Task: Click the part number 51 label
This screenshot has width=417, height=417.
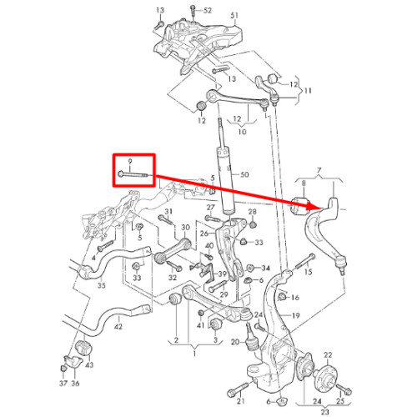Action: [x=234, y=15]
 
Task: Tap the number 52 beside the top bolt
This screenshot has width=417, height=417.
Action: [x=208, y=11]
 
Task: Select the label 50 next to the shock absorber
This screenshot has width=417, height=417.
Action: [x=244, y=174]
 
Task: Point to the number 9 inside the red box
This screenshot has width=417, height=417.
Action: [x=130, y=161]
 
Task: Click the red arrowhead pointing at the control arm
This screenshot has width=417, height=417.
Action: [x=313, y=206]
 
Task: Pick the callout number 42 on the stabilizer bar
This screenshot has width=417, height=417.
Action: [x=118, y=326]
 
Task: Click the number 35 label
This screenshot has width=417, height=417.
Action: [x=102, y=285]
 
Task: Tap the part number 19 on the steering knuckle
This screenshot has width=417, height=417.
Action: [x=296, y=315]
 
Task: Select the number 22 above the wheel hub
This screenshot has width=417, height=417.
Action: [x=328, y=355]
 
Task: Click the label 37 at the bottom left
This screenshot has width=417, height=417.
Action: [x=63, y=383]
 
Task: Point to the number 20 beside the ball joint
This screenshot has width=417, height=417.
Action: [x=235, y=342]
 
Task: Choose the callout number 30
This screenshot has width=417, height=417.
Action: [x=185, y=228]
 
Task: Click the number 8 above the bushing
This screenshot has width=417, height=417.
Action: [x=304, y=183]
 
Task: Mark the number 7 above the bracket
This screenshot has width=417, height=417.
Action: [x=319, y=170]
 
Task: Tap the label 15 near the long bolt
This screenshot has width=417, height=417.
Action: [x=308, y=271]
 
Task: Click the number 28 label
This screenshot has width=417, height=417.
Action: [x=252, y=212]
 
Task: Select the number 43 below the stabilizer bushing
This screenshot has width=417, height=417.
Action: [x=89, y=364]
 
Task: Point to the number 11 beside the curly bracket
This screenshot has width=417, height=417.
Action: [x=308, y=91]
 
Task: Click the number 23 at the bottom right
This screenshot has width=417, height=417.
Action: [x=324, y=412]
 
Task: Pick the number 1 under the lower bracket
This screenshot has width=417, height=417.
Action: [x=194, y=354]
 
